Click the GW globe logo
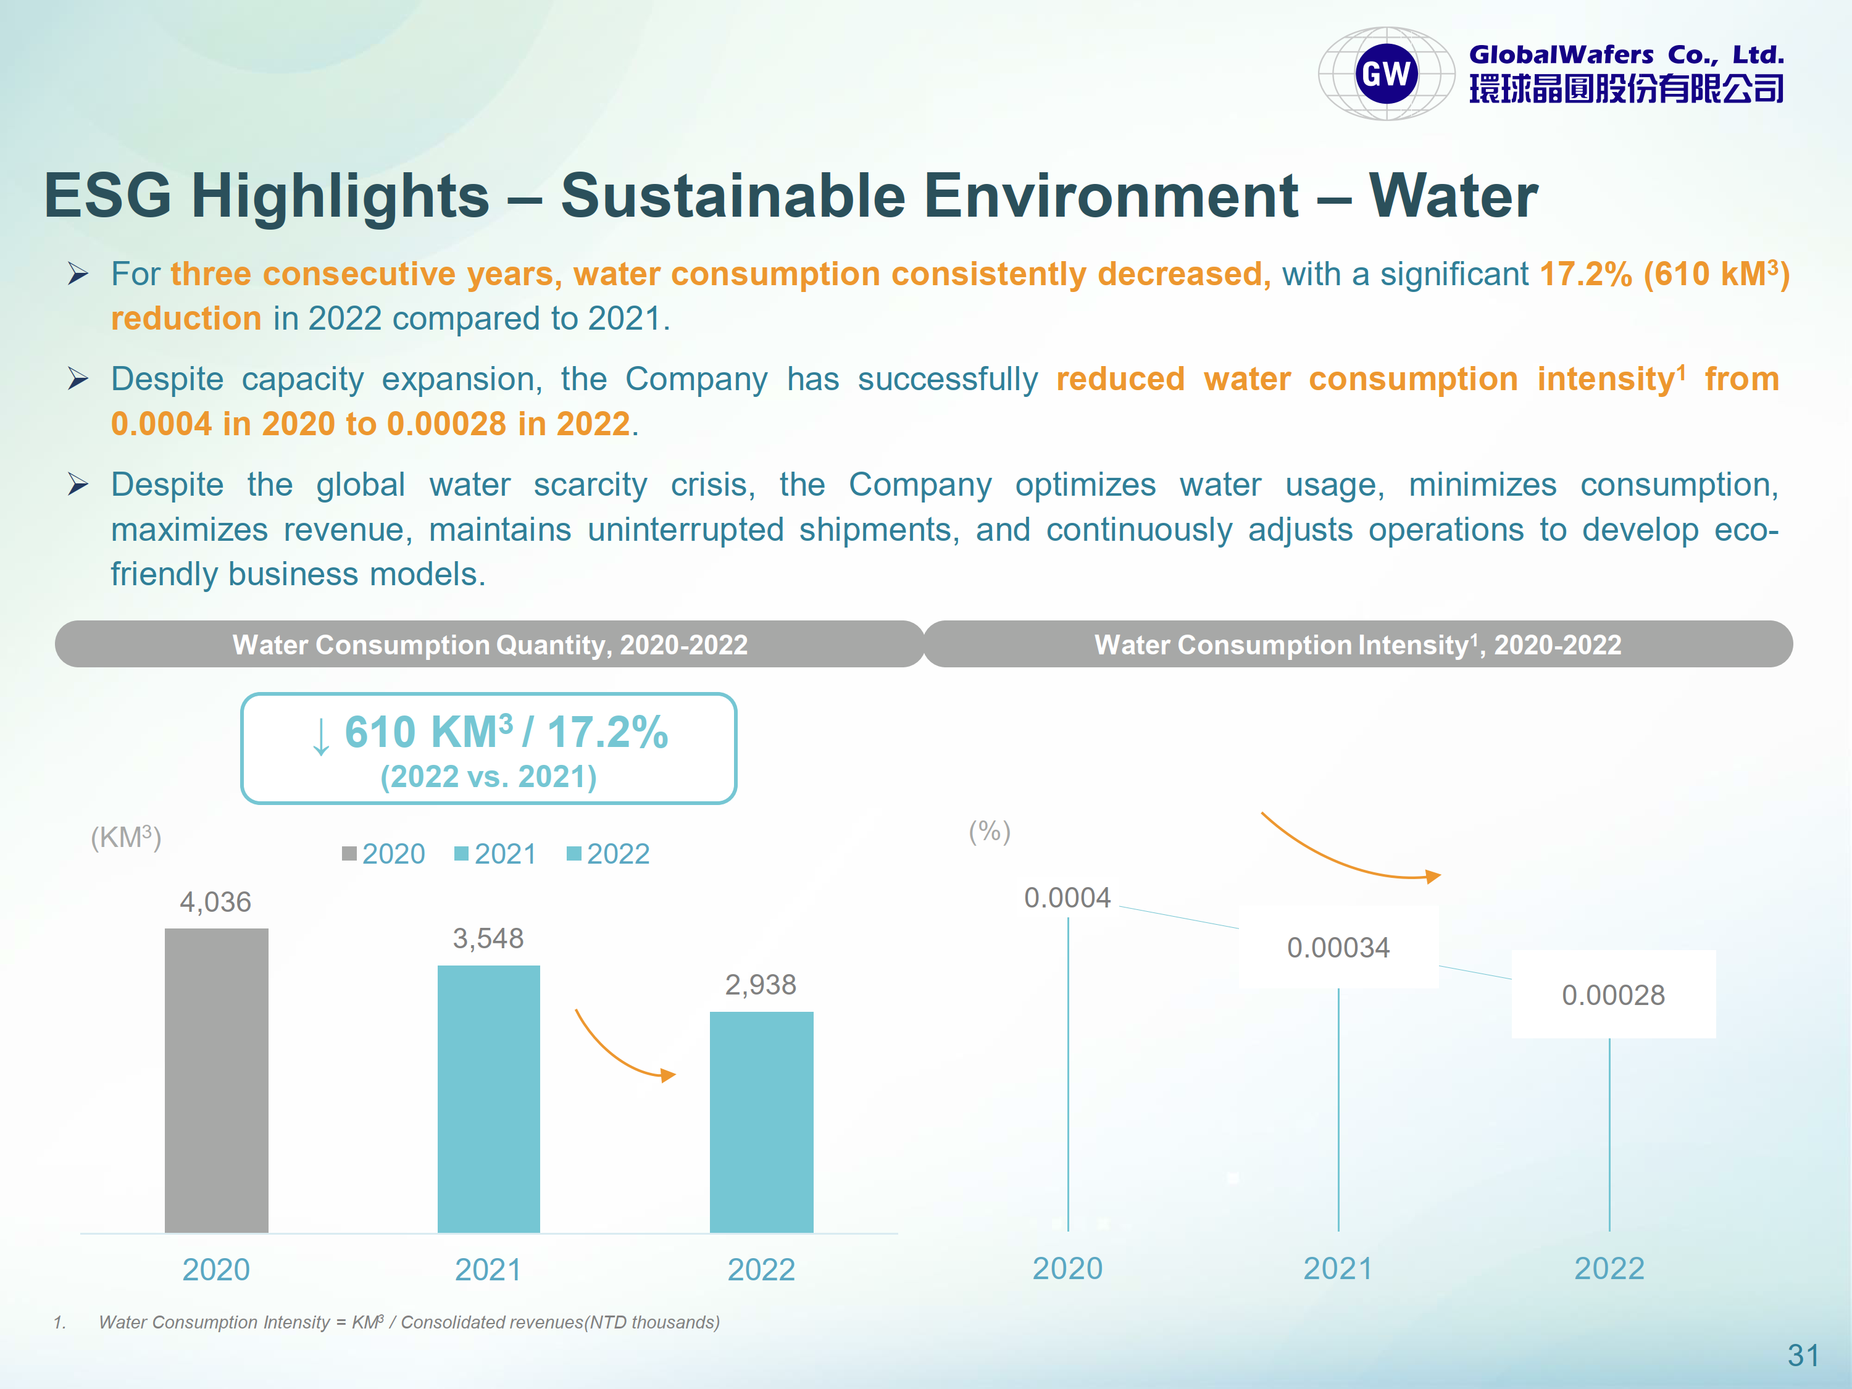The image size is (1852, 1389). [1387, 73]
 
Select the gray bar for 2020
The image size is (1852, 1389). [216, 1080]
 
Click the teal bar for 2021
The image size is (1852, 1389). [488, 1098]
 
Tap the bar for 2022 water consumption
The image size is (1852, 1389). [761, 1122]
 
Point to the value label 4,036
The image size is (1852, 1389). [215, 902]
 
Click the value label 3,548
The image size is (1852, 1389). [488, 938]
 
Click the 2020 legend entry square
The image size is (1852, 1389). [349, 854]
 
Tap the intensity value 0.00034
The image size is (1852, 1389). [1338, 948]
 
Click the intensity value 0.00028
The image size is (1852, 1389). [1612, 995]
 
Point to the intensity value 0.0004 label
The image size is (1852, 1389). [1067, 898]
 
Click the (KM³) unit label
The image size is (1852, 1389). [125, 837]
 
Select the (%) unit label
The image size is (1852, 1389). [990, 832]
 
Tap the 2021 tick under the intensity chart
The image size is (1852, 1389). [1338, 1269]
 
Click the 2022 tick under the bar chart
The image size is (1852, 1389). [761, 1270]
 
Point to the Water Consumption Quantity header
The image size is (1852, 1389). [490, 644]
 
